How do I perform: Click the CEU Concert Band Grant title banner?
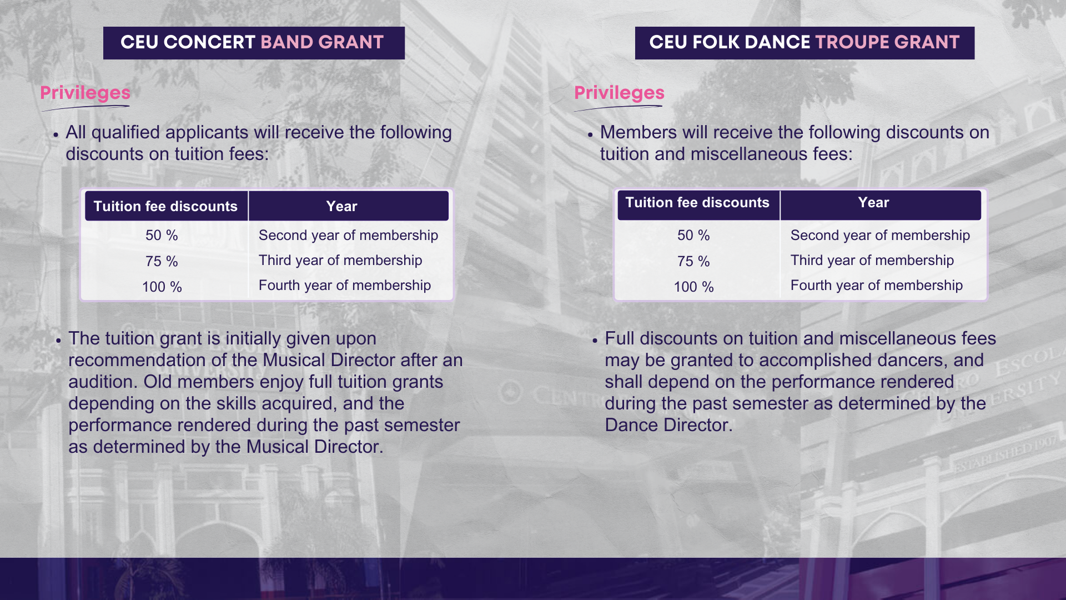coord(254,43)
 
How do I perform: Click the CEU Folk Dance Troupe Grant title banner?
coord(804,43)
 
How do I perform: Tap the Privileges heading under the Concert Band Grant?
coord(85,93)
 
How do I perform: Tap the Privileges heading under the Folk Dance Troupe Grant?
coord(619,93)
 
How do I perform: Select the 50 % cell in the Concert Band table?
coord(162,236)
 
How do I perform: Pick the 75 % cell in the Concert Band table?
coord(162,261)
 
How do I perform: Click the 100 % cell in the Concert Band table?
coord(162,287)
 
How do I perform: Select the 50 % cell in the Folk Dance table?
coord(693,236)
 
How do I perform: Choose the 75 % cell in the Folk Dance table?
coord(693,261)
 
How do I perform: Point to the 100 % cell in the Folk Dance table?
coord(693,287)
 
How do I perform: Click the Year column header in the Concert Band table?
coord(341,206)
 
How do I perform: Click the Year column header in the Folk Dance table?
coord(873,202)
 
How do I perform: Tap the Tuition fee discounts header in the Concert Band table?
coord(165,206)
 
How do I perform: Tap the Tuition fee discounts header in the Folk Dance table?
coord(697,202)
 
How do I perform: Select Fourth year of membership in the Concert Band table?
coord(345,286)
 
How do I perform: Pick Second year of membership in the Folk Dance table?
coord(880,236)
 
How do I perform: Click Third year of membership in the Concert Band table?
coord(340,261)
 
